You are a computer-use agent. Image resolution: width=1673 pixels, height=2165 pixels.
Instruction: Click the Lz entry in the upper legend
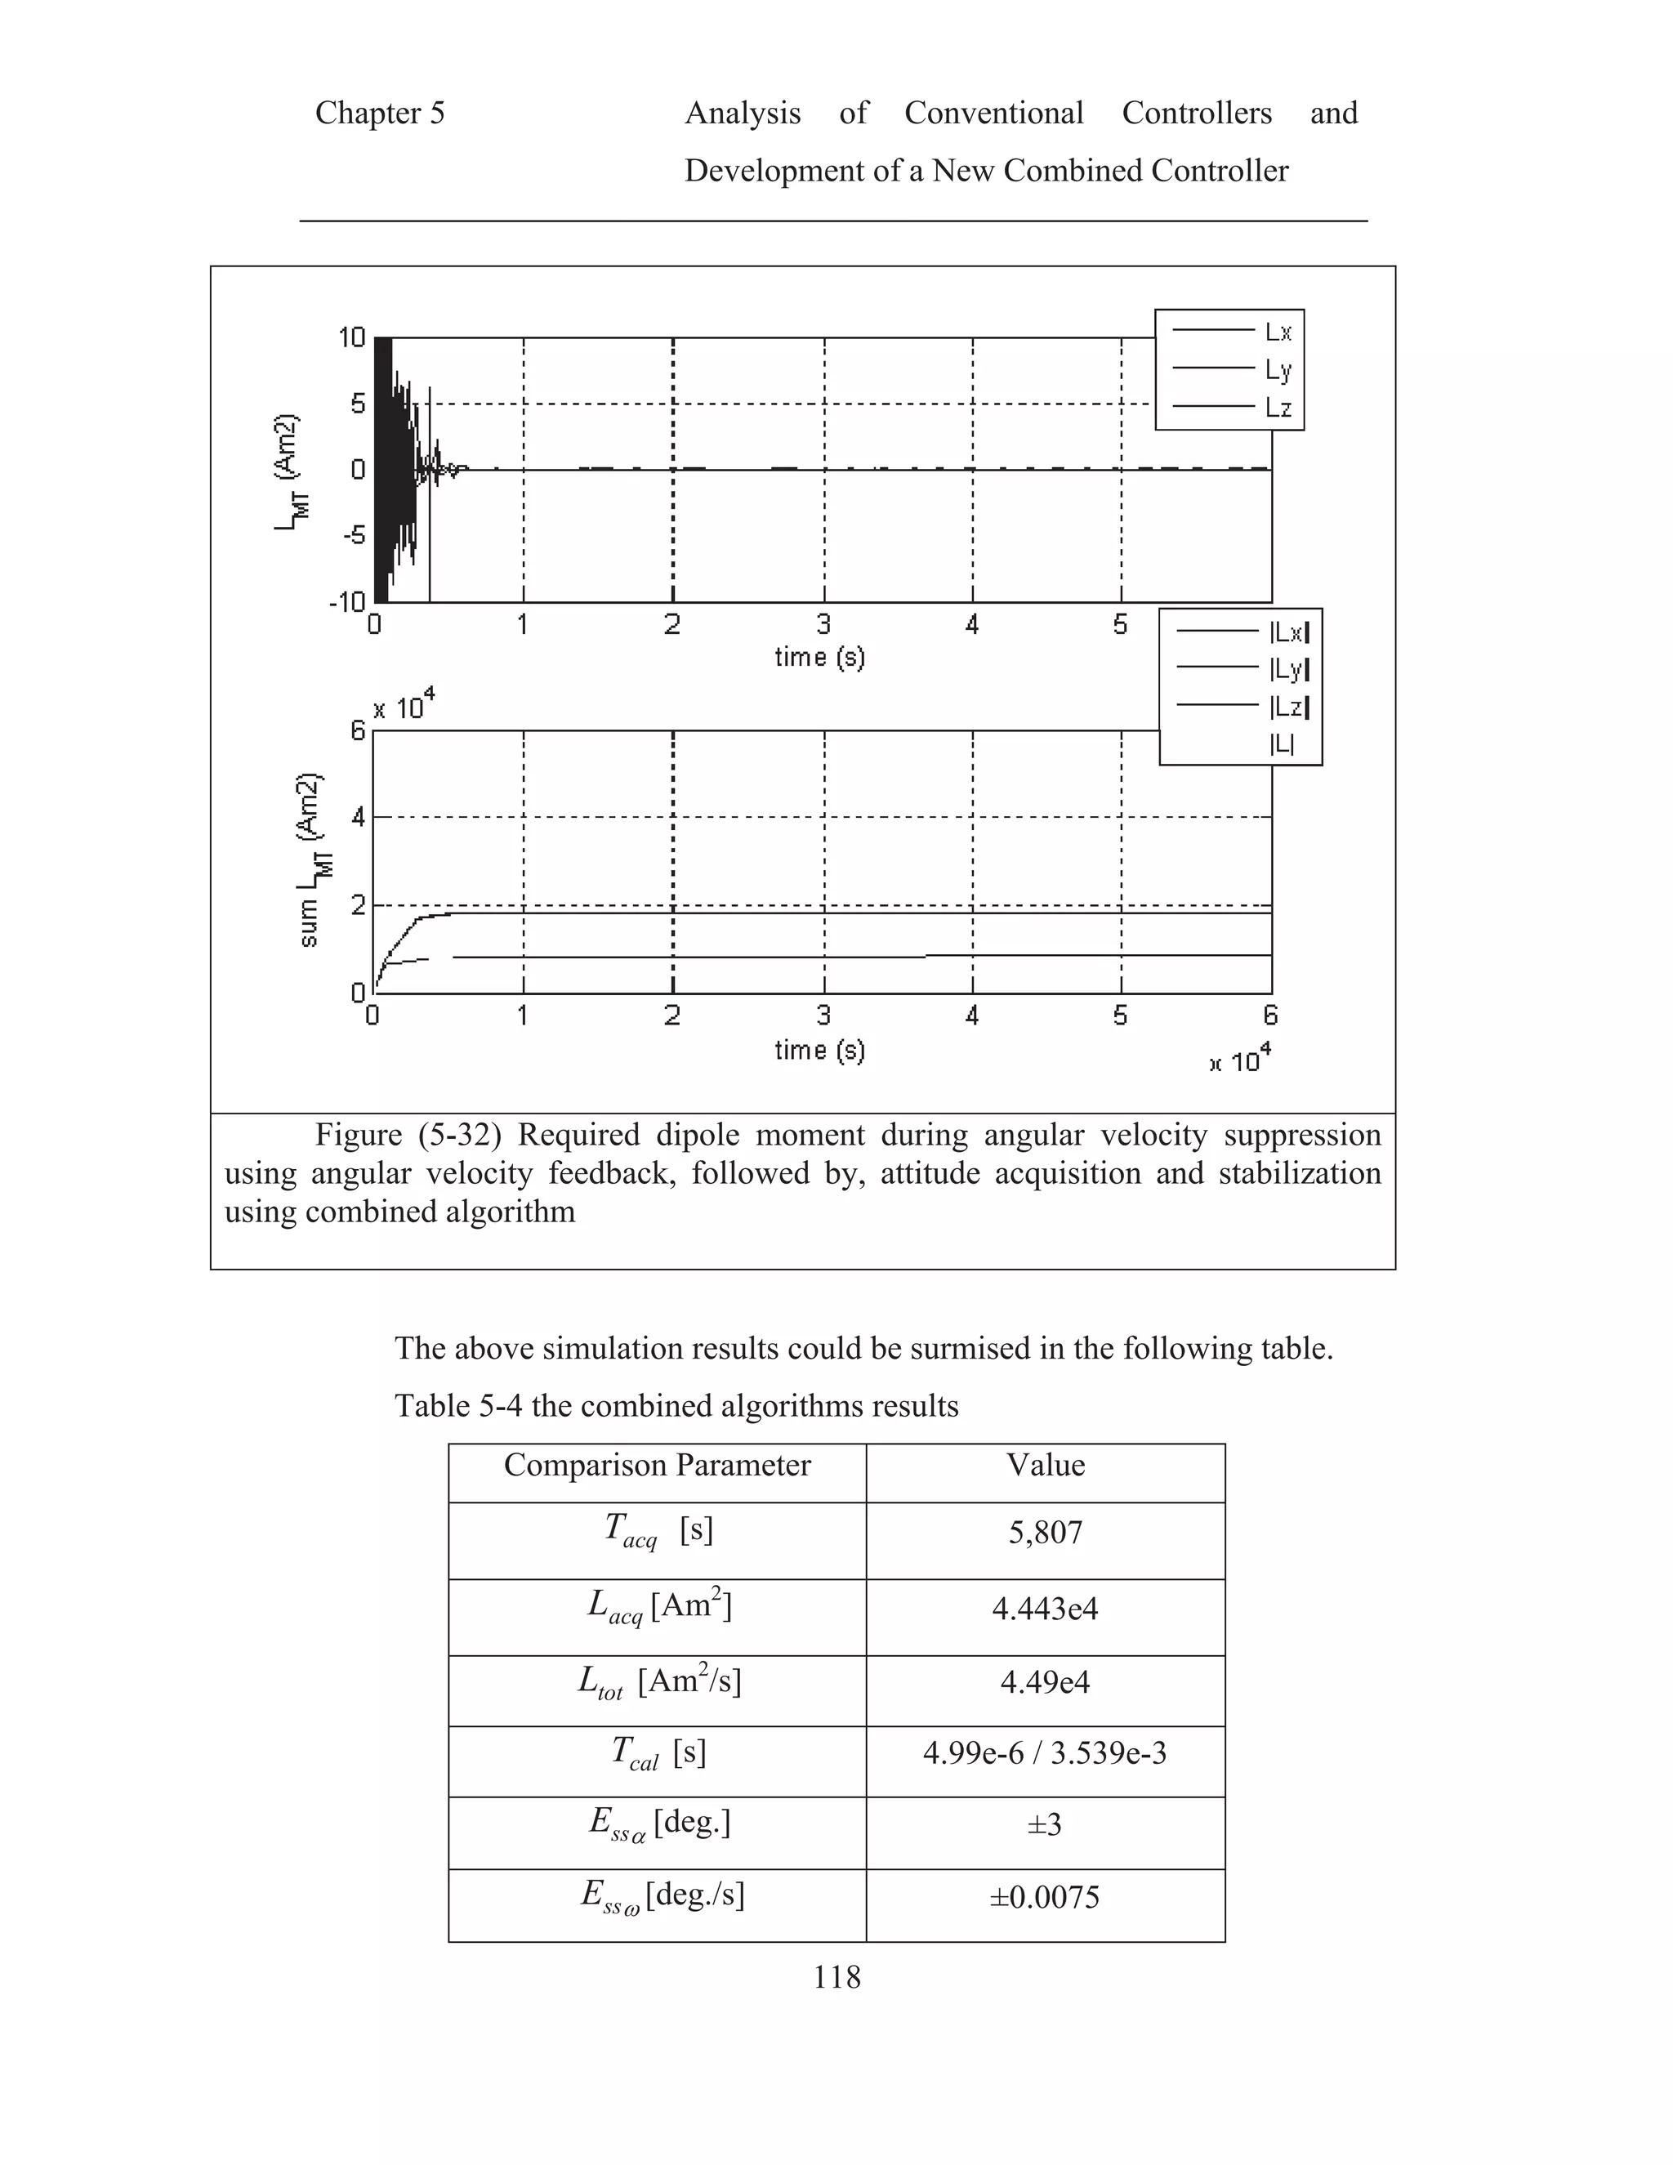tap(1278, 408)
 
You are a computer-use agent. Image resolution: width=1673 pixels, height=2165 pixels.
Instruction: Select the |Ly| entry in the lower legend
tap(1288, 669)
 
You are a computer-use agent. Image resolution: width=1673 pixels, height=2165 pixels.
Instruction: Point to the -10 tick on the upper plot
tap(347, 602)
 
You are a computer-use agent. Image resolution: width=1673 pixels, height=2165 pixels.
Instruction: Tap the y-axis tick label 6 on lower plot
tap(358, 731)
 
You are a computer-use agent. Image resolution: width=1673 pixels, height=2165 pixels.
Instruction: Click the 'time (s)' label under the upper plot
tap(819, 656)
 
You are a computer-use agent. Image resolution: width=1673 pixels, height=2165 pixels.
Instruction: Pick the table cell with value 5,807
tap(1045, 1533)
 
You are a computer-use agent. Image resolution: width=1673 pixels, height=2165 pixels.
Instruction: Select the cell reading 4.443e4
tap(1045, 1608)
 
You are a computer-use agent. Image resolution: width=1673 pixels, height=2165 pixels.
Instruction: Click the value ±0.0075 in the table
tap(1045, 1897)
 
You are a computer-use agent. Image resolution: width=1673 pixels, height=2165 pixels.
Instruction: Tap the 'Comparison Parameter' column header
tap(656, 1465)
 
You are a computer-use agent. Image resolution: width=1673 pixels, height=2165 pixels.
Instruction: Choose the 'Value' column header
tap(1045, 1465)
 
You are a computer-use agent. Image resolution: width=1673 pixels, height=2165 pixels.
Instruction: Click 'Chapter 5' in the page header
tap(380, 113)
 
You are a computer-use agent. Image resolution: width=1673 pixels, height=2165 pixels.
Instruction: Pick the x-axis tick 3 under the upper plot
tap(823, 624)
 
